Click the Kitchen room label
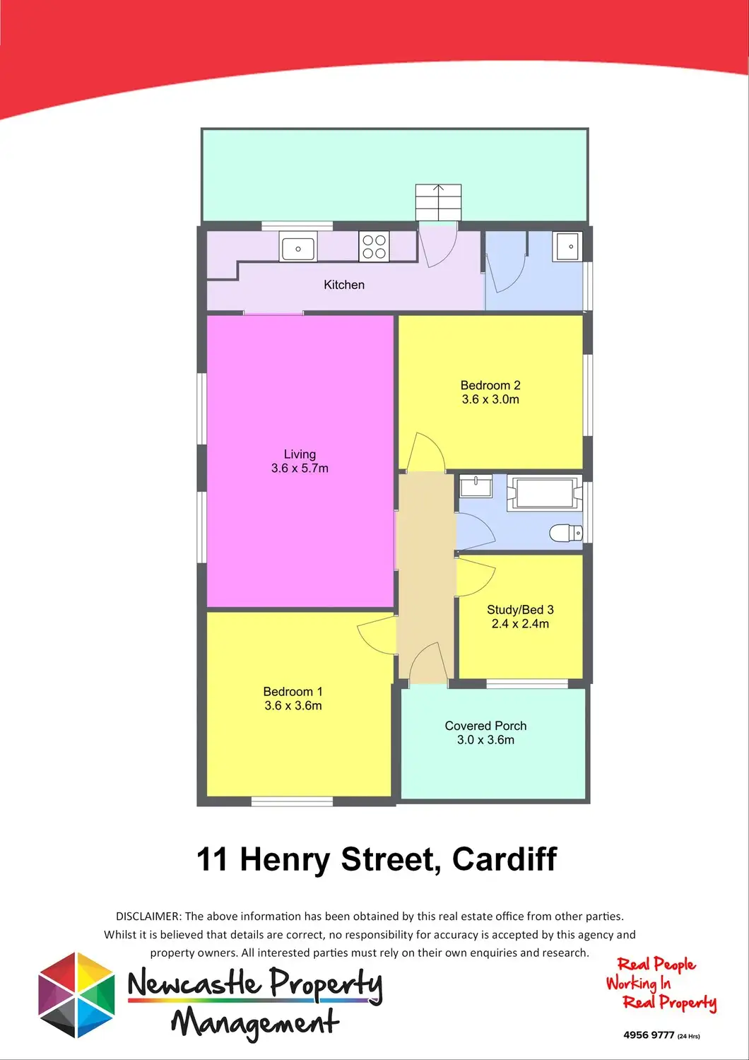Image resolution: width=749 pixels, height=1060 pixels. pyautogui.click(x=344, y=285)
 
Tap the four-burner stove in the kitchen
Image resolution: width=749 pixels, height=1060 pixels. pyautogui.click(x=374, y=247)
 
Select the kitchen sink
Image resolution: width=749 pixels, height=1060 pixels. pyautogui.click(x=298, y=249)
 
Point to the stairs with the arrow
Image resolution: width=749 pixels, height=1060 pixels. pyautogui.click(x=438, y=202)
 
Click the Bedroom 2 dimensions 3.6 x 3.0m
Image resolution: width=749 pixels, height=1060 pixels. pyautogui.click(x=490, y=399)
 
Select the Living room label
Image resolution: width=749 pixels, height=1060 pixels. pyautogui.click(x=300, y=454)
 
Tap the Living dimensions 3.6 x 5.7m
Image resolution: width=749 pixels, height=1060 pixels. pyautogui.click(x=300, y=468)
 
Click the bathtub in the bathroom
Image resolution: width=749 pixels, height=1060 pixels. pyautogui.click(x=543, y=493)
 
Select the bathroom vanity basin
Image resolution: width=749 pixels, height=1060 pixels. pyautogui.click(x=476, y=486)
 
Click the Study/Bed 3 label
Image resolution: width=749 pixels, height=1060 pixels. pyautogui.click(x=520, y=610)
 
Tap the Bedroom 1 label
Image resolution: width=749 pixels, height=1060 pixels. pyautogui.click(x=293, y=692)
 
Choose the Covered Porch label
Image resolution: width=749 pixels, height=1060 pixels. pyautogui.click(x=485, y=726)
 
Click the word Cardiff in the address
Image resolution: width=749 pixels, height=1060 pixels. pyautogui.click(x=504, y=859)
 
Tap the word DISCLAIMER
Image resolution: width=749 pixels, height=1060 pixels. pyautogui.click(x=148, y=917)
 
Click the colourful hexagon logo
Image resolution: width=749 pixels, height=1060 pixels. pyautogui.click(x=76, y=994)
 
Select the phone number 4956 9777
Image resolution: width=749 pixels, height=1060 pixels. pyautogui.click(x=649, y=1035)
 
